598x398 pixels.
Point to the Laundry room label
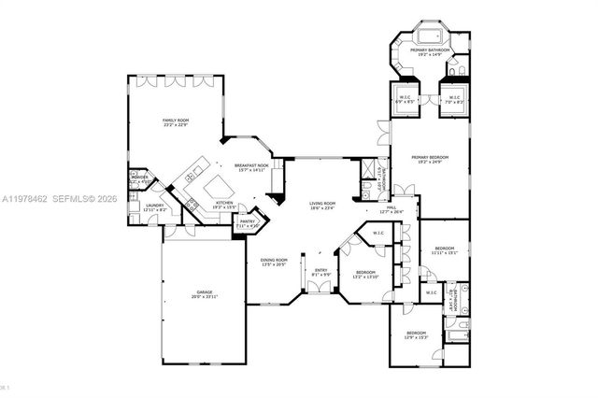click(x=155, y=206)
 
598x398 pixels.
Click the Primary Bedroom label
click(x=430, y=157)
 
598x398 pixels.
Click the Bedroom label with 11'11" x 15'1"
click(x=444, y=249)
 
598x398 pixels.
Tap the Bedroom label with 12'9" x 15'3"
click(x=416, y=334)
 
